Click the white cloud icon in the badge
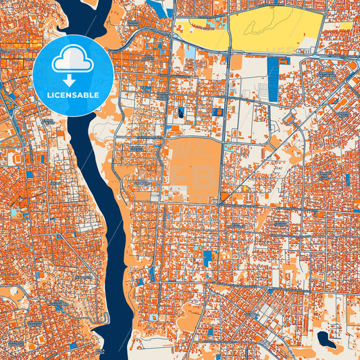click(x=72, y=60)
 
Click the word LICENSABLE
click(x=72, y=95)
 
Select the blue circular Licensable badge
click(x=72, y=74)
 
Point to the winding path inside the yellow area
click(x=260, y=27)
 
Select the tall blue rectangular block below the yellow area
click(x=273, y=78)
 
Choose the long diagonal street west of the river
click(x=68, y=250)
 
